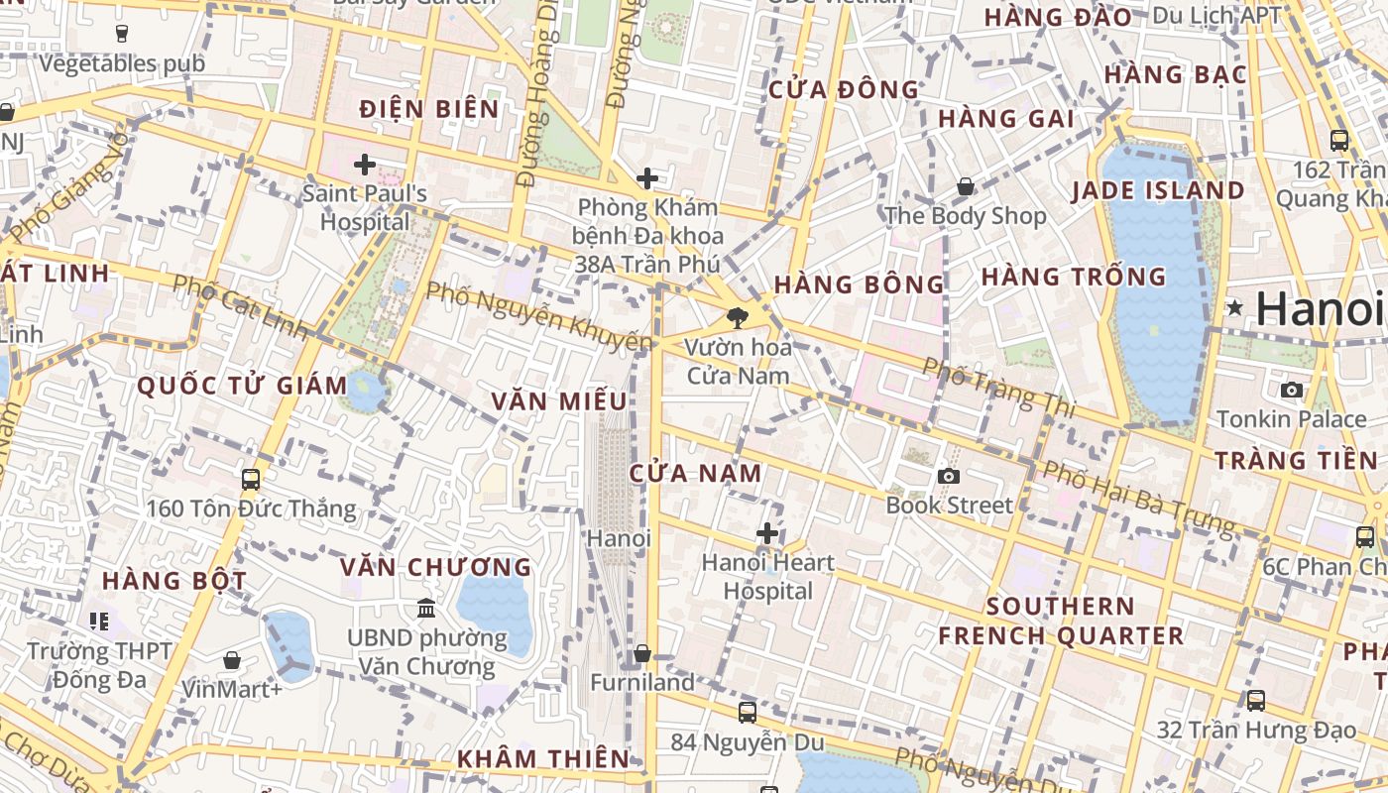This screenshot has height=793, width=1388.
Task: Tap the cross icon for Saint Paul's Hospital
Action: (365, 164)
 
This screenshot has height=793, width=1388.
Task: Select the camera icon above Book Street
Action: (949, 476)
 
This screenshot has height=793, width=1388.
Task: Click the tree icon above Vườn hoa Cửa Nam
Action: (737, 318)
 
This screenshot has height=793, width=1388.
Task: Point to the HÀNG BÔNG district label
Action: (860, 284)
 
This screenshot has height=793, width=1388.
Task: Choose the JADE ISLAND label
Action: (1158, 190)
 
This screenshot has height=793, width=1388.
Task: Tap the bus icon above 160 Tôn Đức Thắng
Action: (251, 480)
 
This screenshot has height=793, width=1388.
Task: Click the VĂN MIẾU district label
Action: (560, 400)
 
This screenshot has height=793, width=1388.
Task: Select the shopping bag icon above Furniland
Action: (642, 653)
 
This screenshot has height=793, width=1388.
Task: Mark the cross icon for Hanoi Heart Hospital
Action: (766, 533)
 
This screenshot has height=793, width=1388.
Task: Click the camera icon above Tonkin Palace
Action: (1291, 390)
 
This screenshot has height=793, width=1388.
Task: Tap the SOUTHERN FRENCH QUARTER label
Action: (1061, 621)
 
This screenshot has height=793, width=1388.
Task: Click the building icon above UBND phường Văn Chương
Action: (426, 607)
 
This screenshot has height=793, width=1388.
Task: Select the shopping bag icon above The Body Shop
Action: (965, 186)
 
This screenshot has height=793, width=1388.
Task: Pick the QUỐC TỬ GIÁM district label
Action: (243, 386)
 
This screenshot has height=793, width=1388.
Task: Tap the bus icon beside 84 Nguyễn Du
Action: (748, 712)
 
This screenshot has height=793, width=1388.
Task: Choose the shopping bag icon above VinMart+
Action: (232, 659)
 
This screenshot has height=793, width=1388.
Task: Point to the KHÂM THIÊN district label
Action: (543, 759)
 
